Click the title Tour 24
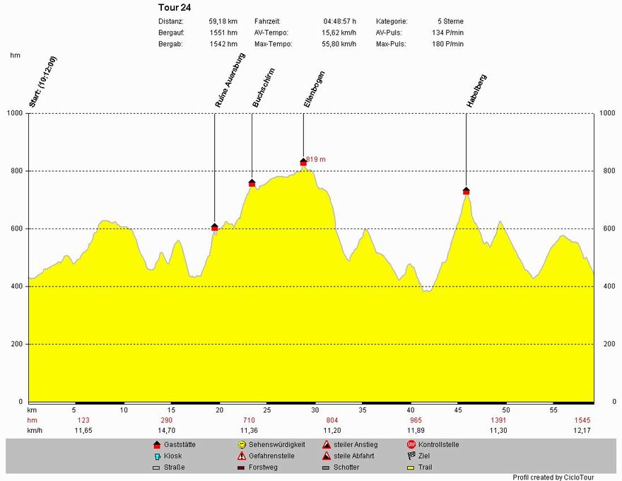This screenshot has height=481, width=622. [x=175, y=8]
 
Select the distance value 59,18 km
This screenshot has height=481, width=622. [x=223, y=21]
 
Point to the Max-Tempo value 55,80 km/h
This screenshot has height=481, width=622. [x=340, y=44]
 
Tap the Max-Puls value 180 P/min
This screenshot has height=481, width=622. [x=448, y=44]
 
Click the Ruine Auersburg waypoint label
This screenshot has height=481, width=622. [x=230, y=81]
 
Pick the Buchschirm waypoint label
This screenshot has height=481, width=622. [x=264, y=87]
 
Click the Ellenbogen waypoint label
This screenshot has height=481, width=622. [x=314, y=89]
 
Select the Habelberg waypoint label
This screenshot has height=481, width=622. [x=476, y=91]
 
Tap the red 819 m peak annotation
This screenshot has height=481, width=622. [x=316, y=160]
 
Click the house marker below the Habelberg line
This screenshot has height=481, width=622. [x=466, y=191]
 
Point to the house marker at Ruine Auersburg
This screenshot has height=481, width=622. [x=215, y=227]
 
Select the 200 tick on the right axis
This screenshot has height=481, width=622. [x=606, y=344]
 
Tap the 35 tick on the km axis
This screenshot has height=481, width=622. [x=363, y=410]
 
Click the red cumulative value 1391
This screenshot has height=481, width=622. [x=498, y=420]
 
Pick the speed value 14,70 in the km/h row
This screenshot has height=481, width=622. [x=166, y=430]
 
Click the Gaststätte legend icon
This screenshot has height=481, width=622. [x=157, y=445]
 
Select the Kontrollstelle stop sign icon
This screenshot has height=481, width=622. [x=411, y=445]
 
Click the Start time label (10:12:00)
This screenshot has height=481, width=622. [x=42, y=82]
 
